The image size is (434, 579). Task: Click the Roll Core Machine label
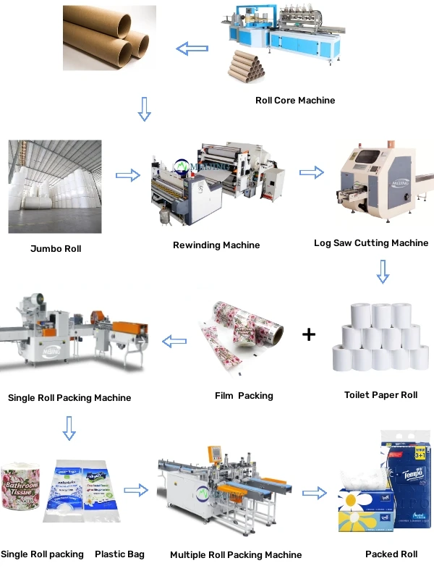pyautogui.click(x=295, y=101)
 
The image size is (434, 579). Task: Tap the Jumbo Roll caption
pyautogui.click(x=56, y=249)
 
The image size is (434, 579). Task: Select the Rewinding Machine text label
pyautogui.click(x=216, y=245)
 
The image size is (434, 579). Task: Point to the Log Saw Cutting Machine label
pyautogui.click(x=371, y=243)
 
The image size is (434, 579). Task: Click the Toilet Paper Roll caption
pyautogui.click(x=380, y=395)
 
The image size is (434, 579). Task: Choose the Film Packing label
pyautogui.click(x=244, y=396)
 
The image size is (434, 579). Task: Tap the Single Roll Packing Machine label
pyautogui.click(x=69, y=397)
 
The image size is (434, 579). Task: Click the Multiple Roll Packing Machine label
pyautogui.click(x=236, y=555)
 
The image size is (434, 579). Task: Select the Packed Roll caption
pyautogui.click(x=391, y=554)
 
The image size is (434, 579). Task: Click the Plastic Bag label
pyautogui.click(x=119, y=554)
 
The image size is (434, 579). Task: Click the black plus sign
pyautogui.click(x=309, y=334)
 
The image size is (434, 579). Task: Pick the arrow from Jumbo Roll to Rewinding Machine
pyautogui.click(x=128, y=175)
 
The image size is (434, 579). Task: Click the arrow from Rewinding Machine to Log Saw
pyautogui.click(x=312, y=172)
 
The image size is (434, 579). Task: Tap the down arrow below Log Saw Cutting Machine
pyautogui.click(x=383, y=271)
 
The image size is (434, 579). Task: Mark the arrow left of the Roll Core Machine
pyautogui.click(x=192, y=49)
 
